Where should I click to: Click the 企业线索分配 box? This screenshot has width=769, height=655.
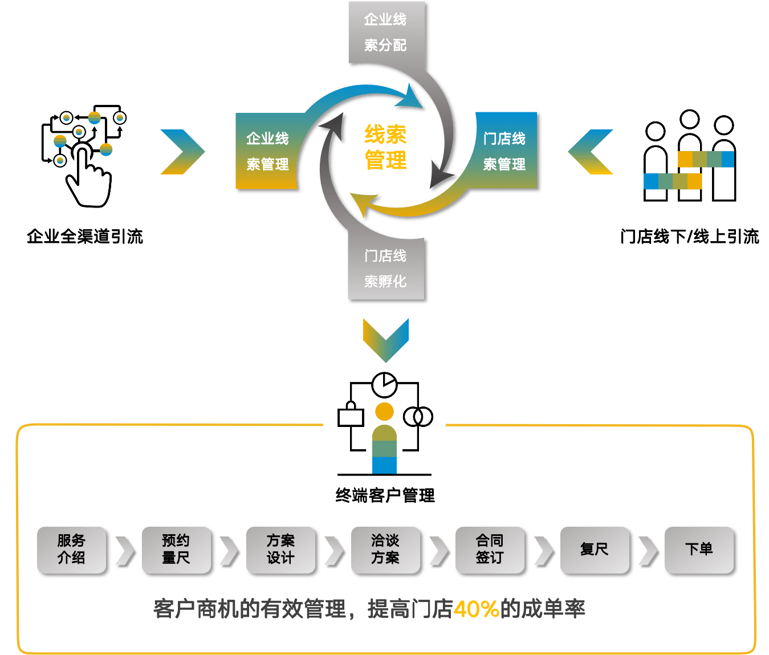click(386, 32)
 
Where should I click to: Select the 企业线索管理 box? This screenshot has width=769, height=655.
click(267, 151)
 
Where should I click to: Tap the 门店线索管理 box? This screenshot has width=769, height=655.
click(504, 151)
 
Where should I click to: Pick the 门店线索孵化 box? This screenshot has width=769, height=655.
click(386, 268)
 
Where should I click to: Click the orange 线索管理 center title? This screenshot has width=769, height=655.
click(386, 147)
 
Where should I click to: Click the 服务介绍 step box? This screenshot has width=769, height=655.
click(71, 550)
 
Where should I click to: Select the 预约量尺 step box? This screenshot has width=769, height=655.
click(176, 550)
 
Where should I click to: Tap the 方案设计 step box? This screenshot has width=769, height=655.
click(280, 550)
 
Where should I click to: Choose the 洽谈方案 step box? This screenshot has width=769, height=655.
click(385, 550)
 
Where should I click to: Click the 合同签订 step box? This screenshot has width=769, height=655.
click(490, 550)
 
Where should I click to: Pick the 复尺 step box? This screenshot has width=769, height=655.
click(595, 550)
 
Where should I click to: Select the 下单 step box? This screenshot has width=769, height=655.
click(699, 550)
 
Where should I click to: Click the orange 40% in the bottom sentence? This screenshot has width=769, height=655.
click(477, 609)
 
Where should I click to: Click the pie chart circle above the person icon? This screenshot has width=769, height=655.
click(384, 385)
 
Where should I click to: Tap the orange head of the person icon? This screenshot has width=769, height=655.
click(384, 412)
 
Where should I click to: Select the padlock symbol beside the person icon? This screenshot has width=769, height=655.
click(351, 415)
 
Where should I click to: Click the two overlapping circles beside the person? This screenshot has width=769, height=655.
click(418, 417)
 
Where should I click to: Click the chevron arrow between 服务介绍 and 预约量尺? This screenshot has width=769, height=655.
click(124, 551)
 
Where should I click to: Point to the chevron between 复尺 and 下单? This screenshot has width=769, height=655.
click(647, 551)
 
